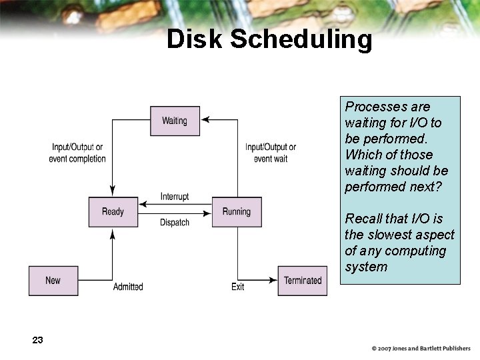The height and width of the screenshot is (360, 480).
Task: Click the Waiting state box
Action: tap(175, 121)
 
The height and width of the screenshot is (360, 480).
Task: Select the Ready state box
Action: tap(113, 211)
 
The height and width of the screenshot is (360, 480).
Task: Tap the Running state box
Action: tap(237, 211)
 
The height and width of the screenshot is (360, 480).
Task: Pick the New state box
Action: tap(53, 281)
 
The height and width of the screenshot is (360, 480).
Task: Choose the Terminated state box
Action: tap(303, 281)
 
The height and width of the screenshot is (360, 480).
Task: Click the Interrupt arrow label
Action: tap(175, 196)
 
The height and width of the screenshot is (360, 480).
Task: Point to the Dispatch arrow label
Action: tap(175, 223)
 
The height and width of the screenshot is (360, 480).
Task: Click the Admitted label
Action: tap(128, 287)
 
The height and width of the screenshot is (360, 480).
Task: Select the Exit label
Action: tap(238, 287)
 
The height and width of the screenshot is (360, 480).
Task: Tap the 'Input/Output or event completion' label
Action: tap(77, 153)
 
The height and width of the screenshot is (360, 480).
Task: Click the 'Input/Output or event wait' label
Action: tap(271, 153)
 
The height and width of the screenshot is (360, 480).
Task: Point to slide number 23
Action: tap(37, 340)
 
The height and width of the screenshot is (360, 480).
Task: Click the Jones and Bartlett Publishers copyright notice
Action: tap(421, 349)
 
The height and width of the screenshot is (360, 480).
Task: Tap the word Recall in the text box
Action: tap(365, 219)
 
